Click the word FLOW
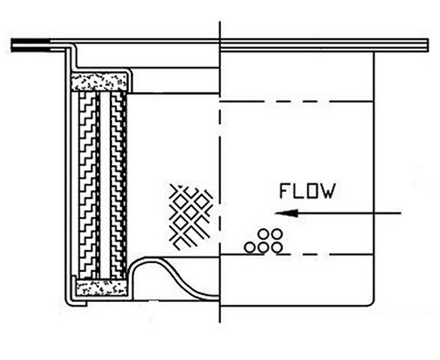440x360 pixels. coord(307,191)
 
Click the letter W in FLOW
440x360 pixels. coord(328,191)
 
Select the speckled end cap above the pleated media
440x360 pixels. coord(99,82)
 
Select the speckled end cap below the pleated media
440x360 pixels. coord(102,287)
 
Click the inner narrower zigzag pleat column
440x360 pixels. coord(118,185)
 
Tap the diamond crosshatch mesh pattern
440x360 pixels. coord(191,216)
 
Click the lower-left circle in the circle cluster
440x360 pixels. coord(250,247)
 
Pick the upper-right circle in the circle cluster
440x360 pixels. coord(277,234)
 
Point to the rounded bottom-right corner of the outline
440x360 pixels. coord(372,303)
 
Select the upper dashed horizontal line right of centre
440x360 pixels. coord(297,101)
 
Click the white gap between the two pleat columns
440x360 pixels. coord(105,185)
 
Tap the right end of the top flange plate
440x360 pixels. coord(428,45)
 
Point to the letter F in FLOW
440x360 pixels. coord(285,191)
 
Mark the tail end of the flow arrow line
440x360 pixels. coord(401,214)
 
